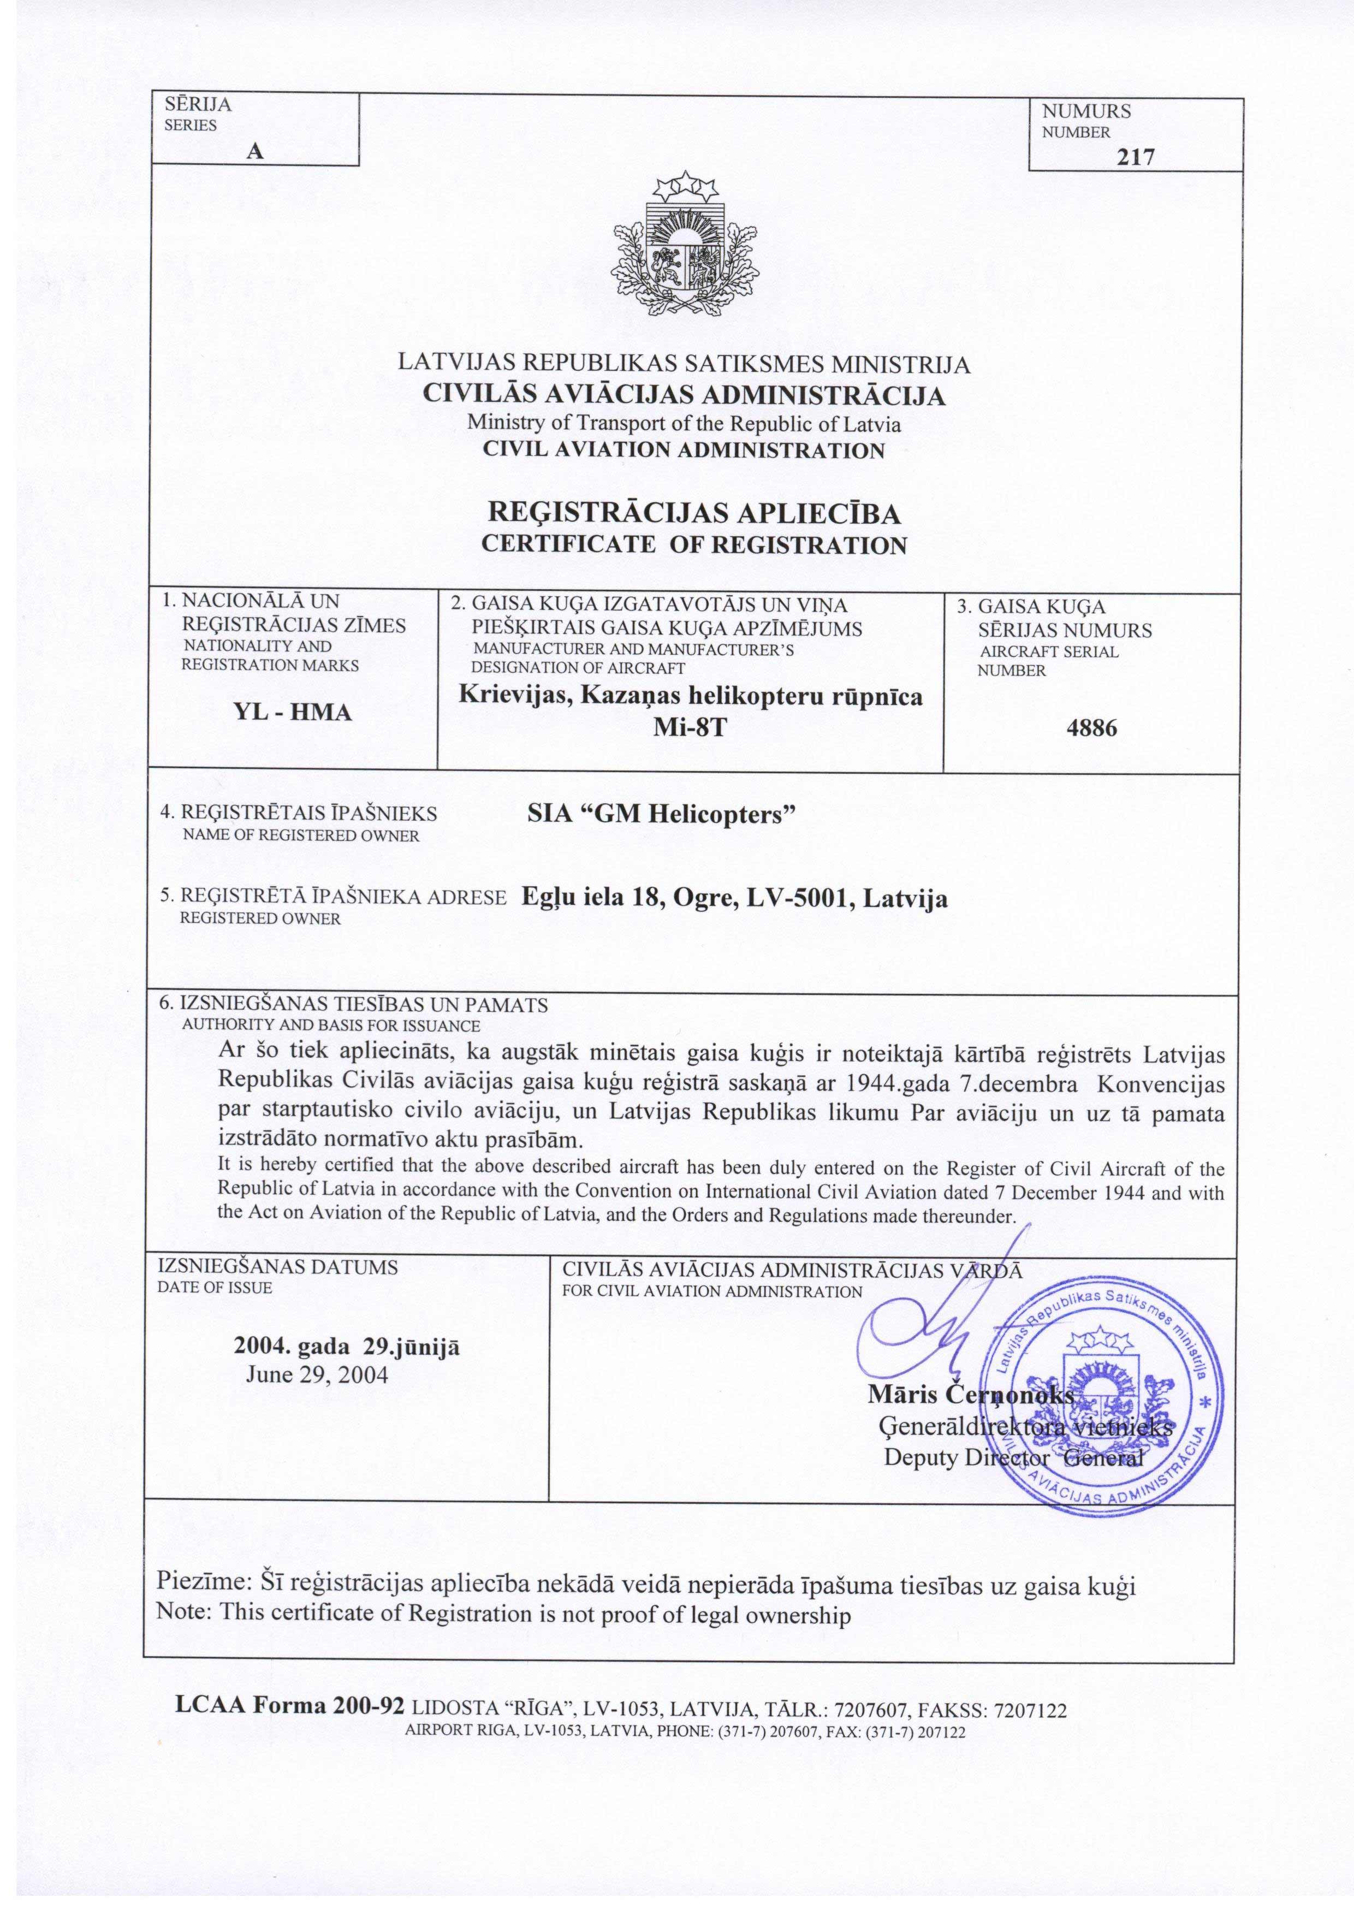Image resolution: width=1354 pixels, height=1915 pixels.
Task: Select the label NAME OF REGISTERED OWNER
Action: click(301, 835)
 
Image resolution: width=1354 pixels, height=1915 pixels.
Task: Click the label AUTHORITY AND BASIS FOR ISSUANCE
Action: click(331, 1025)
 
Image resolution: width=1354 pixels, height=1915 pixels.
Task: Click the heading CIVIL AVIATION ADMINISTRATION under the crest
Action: click(684, 450)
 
